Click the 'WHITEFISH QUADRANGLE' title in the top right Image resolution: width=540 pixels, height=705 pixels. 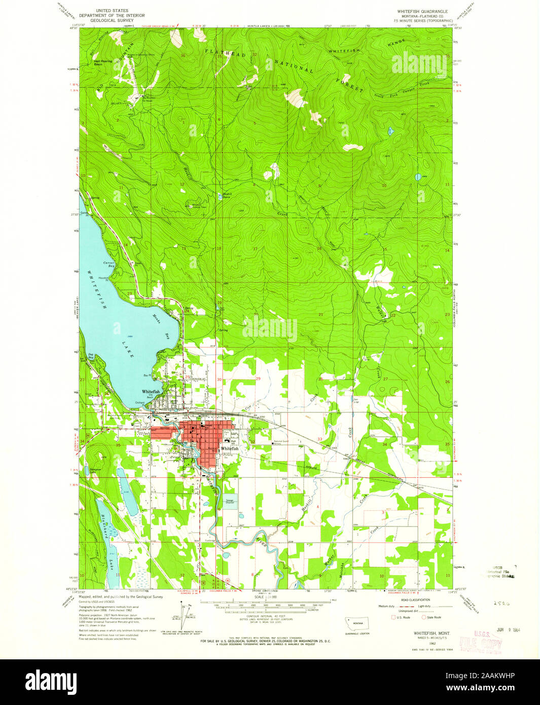tap(423, 11)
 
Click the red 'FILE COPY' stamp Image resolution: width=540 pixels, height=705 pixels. tap(480, 645)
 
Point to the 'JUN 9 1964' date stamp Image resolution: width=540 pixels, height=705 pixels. tap(480, 629)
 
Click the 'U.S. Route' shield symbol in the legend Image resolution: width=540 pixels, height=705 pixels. tap(392, 617)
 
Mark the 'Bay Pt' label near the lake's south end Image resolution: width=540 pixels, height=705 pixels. tap(147, 375)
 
